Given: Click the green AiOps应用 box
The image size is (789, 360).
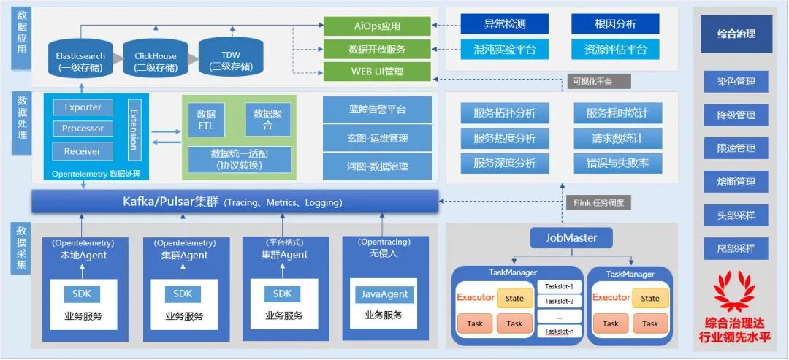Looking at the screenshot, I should tap(376, 27).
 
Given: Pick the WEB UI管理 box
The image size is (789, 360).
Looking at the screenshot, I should tap(376, 72).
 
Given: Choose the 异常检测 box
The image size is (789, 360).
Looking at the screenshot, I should tap(504, 24).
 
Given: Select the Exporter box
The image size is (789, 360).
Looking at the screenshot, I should tap(83, 107).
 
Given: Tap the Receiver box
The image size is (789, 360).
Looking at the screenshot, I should tap(83, 151).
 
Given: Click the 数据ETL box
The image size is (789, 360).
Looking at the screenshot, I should tap(207, 119).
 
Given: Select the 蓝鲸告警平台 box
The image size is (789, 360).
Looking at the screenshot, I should tap(377, 110).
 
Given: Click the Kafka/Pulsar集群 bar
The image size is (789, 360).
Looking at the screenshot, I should tap(235, 202).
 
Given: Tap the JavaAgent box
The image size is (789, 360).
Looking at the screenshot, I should tap(384, 294).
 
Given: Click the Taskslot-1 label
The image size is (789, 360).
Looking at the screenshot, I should tap(559, 287).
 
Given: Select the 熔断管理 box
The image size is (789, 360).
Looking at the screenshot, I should tap(736, 182).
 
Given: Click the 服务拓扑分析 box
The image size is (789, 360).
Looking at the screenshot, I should tap(504, 113).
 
